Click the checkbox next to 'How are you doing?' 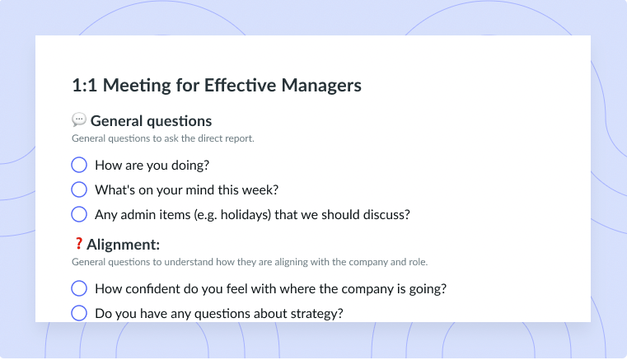point(79,165)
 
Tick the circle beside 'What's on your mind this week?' point(79,189)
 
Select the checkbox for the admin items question point(79,214)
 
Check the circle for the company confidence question point(79,288)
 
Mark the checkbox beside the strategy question point(79,313)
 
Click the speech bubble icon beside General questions point(79,119)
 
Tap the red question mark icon point(78,243)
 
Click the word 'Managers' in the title point(321,85)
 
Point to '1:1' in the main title point(84,85)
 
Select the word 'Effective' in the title point(240,85)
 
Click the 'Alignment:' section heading point(123,245)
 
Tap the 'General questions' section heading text point(151,121)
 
